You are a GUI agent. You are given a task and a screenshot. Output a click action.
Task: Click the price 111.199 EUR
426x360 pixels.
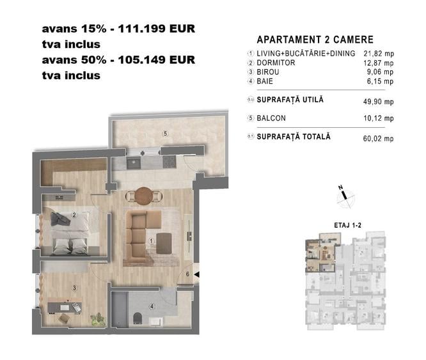(x=157, y=29)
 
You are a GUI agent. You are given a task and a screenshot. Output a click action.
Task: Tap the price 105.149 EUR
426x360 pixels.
(x=157, y=59)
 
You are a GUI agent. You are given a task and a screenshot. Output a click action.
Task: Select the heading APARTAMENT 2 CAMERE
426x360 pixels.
(x=315, y=40)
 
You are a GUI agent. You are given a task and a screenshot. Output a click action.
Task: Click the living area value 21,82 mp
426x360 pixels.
(x=379, y=54)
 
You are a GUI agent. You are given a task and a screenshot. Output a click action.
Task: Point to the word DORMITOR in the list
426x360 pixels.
(x=276, y=63)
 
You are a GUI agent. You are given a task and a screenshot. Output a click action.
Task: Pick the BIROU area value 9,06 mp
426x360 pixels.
(x=380, y=72)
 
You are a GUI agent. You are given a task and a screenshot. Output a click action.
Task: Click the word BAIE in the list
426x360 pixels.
(x=265, y=81)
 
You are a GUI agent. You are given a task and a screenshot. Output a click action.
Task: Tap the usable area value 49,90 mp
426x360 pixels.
(x=379, y=102)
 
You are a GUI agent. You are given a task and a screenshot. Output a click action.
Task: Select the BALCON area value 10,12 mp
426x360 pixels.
(x=379, y=118)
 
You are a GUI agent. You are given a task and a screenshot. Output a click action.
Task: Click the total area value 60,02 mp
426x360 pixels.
(x=378, y=139)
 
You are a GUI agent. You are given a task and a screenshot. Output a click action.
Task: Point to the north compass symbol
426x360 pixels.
(x=345, y=198)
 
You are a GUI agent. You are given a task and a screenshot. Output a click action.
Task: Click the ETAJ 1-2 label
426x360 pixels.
(x=347, y=225)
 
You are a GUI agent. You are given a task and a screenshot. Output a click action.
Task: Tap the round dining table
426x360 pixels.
(x=144, y=196)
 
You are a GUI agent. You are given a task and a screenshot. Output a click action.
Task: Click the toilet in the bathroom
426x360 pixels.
(x=138, y=318)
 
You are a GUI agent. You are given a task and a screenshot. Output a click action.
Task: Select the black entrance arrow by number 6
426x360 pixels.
(x=197, y=275)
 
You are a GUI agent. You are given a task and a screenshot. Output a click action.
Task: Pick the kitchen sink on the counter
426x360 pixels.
(x=134, y=163)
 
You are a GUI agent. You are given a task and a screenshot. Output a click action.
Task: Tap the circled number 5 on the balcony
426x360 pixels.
(x=165, y=134)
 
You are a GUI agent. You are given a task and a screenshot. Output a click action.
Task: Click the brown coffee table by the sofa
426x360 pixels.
(x=164, y=244)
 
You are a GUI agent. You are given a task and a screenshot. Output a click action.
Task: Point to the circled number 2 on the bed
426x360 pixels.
(x=74, y=215)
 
